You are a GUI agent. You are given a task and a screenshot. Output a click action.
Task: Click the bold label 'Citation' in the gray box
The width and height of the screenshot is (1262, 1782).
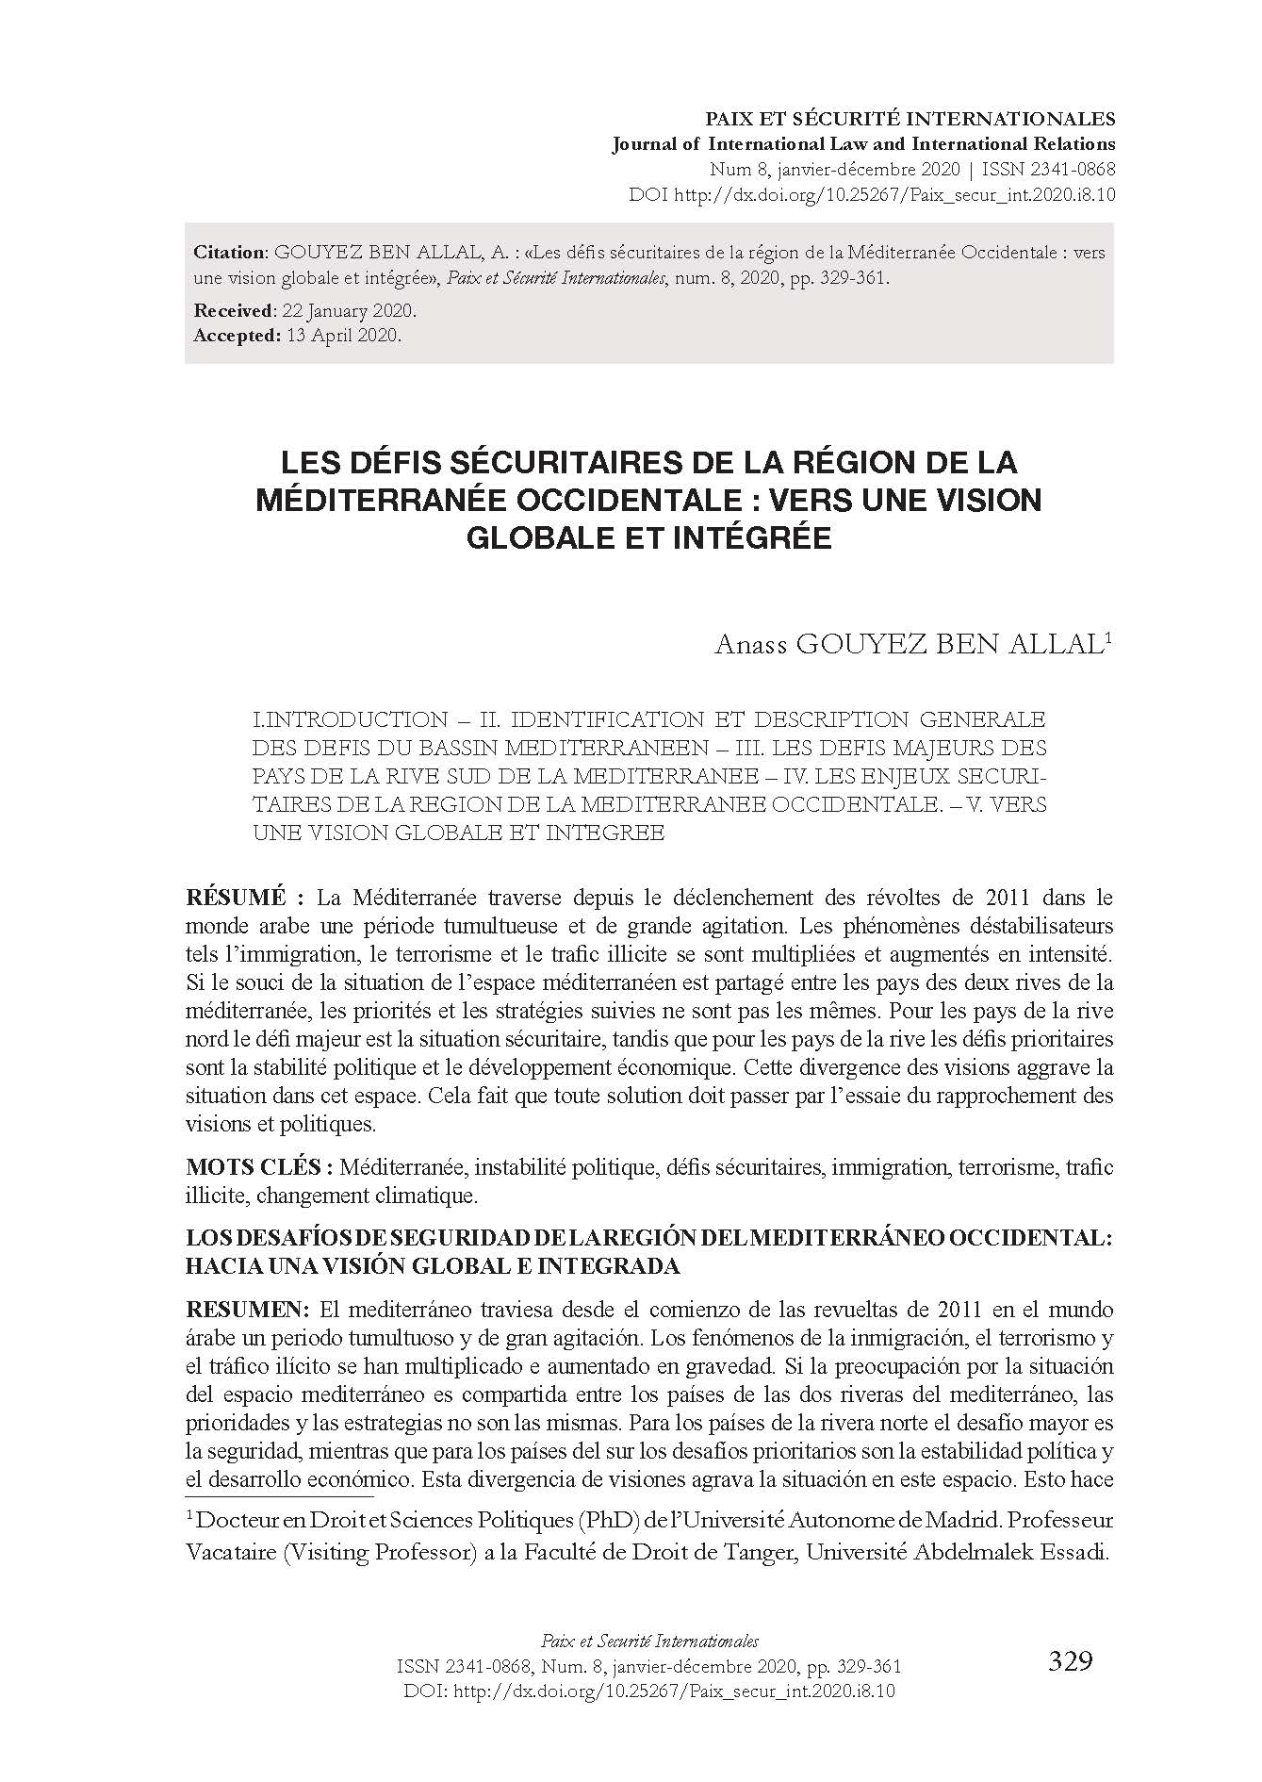tap(230, 253)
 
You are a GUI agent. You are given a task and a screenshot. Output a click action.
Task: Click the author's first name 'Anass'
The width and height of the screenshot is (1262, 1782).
tap(750, 645)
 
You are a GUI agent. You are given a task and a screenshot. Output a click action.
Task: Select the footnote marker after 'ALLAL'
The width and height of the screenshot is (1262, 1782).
tap(1109, 636)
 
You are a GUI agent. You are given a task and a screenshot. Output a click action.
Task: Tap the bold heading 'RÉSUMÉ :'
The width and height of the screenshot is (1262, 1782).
tap(246, 897)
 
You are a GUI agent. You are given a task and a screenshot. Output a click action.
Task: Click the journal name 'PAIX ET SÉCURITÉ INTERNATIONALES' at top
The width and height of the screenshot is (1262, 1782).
tap(910, 120)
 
